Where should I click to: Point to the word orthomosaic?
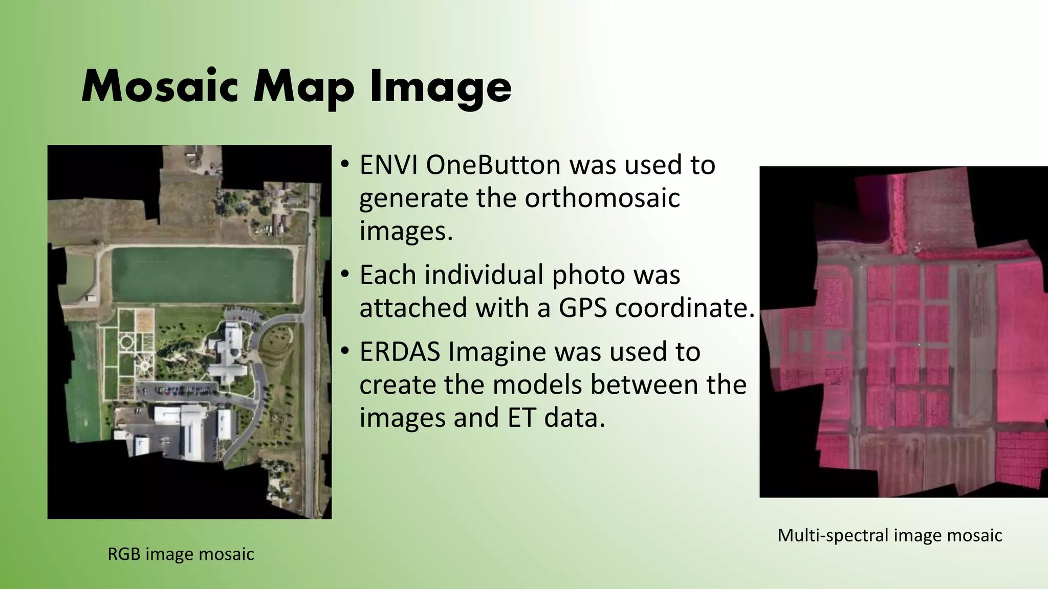602,198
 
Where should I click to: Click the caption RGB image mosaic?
181,554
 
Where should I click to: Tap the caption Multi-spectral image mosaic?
889,535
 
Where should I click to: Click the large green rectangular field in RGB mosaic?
202,274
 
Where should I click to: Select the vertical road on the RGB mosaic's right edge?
310,358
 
